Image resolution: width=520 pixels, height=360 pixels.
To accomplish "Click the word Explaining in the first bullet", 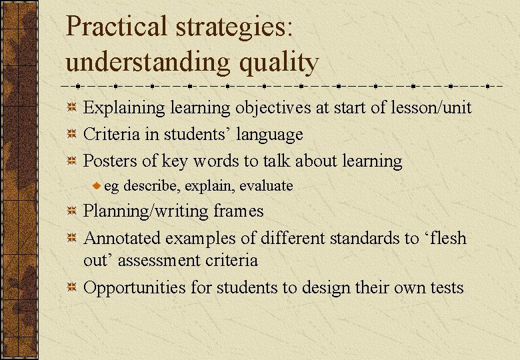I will [x=123, y=108].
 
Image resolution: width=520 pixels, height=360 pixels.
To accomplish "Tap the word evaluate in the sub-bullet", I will [x=266, y=185].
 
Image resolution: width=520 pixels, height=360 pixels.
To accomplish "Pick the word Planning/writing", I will [x=143, y=211].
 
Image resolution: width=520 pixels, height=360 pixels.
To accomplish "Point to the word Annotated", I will [x=122, y=238].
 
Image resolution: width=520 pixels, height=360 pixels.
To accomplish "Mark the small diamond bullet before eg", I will [x=97, y=185].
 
